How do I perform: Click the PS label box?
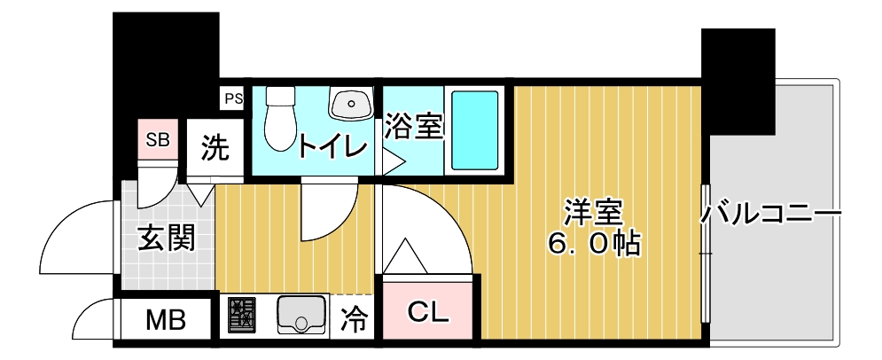(x=232, y=98)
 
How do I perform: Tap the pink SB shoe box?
(x=158, y=139)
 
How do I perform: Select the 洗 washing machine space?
(x=214, y=147)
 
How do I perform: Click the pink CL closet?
(x=429, y=311)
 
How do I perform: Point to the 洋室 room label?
(x=594, y=214)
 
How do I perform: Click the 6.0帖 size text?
(x=594, y=245)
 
